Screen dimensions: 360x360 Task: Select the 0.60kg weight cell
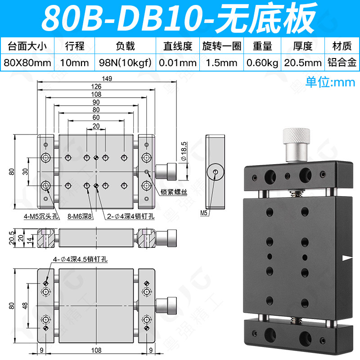coord(262,63)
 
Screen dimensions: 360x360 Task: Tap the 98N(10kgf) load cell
coord(125,63)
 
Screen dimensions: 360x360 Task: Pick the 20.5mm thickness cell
coord(303,63)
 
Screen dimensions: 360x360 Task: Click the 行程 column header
coord(75,46)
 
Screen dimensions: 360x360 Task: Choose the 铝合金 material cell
coord(342,63)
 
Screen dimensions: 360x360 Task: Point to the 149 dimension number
coord(107,78)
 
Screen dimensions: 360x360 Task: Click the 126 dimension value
coord(96,86)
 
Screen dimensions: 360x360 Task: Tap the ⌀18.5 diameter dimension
coord(184,151)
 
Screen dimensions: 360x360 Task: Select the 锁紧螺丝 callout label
coord(174,192)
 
